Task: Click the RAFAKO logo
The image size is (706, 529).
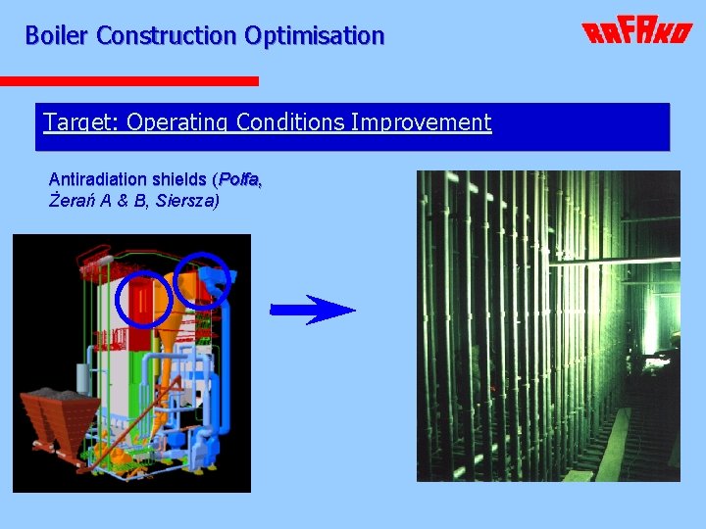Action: [x=637, y=33]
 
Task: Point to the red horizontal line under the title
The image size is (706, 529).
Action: [x=128, y=80]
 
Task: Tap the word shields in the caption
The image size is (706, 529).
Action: [x=180, y=179]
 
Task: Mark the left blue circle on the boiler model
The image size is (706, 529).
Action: [x=144, y=297]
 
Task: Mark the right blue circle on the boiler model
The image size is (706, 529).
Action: [x=202, y=278]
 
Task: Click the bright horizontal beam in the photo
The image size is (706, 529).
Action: [x=618, y=261]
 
